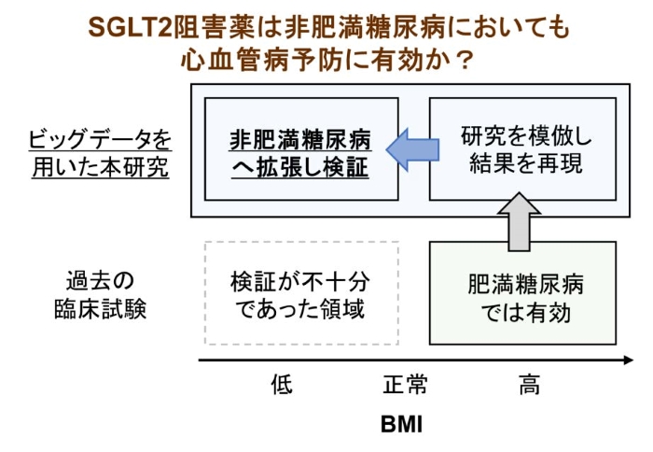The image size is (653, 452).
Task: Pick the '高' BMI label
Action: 529,385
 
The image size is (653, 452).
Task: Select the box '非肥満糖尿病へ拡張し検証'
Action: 299,149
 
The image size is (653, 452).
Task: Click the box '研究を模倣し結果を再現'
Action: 521,148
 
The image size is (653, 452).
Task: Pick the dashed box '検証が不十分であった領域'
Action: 299,293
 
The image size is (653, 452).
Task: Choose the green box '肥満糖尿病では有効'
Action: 521,293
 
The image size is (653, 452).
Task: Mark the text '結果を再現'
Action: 521,165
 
